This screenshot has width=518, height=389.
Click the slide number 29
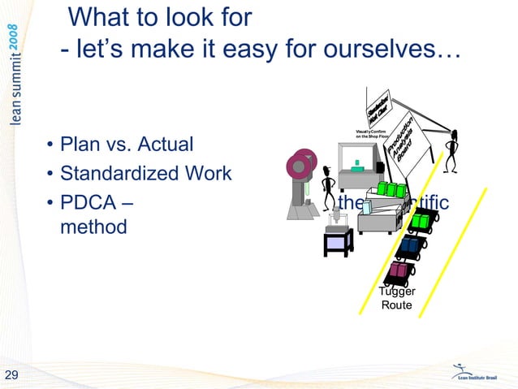(12, 374)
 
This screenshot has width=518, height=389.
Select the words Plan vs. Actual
(127, 145)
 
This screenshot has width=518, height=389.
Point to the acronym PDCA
(88, 201)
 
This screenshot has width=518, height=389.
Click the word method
(93, 227)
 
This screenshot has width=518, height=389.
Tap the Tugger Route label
(397, 299)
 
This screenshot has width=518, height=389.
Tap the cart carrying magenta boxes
(400, 271)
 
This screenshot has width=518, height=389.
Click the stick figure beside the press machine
(327, 185)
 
